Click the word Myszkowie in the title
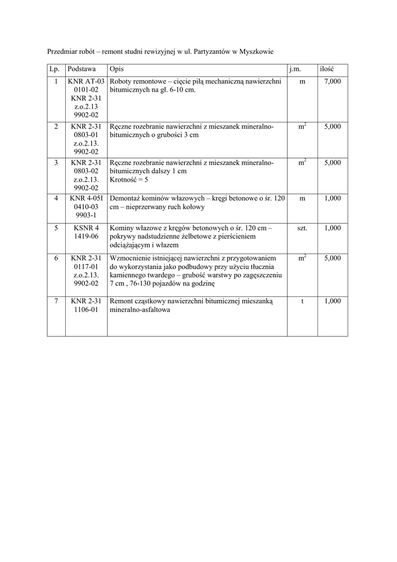pyautogui.click(x=254, y=52)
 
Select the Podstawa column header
pyautogui.click(x=82, y=70)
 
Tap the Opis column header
pyautogui.click(x=116, y=70)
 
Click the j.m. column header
pyautogui.click(x=295, y=70)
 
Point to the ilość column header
pyautogui.click(x=327, y=70)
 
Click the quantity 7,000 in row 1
pyautogui.click(x=332, y=81)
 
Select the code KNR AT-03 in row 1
pyautogui.click(x=86, y=81)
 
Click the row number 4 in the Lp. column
pyautogui.click(x=56, y=199)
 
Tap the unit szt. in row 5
pyautogui.click(x=302, y=228)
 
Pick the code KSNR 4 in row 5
pyautogui.click(x=86, y=228)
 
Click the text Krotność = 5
pyautogui.click(x=129, y=179)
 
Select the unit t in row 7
pyautogui.click(x=302, y=301)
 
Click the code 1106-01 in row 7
pyautogui.click(x=86, y=310)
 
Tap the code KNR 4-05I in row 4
pyautogui.click(x=86, y=199)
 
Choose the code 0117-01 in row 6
pyautogui.click(x=86, y=267)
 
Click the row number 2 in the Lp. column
pyautogui.click(x=56, y=126)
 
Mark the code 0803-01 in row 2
pyautogui.click(x=86, y=134)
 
